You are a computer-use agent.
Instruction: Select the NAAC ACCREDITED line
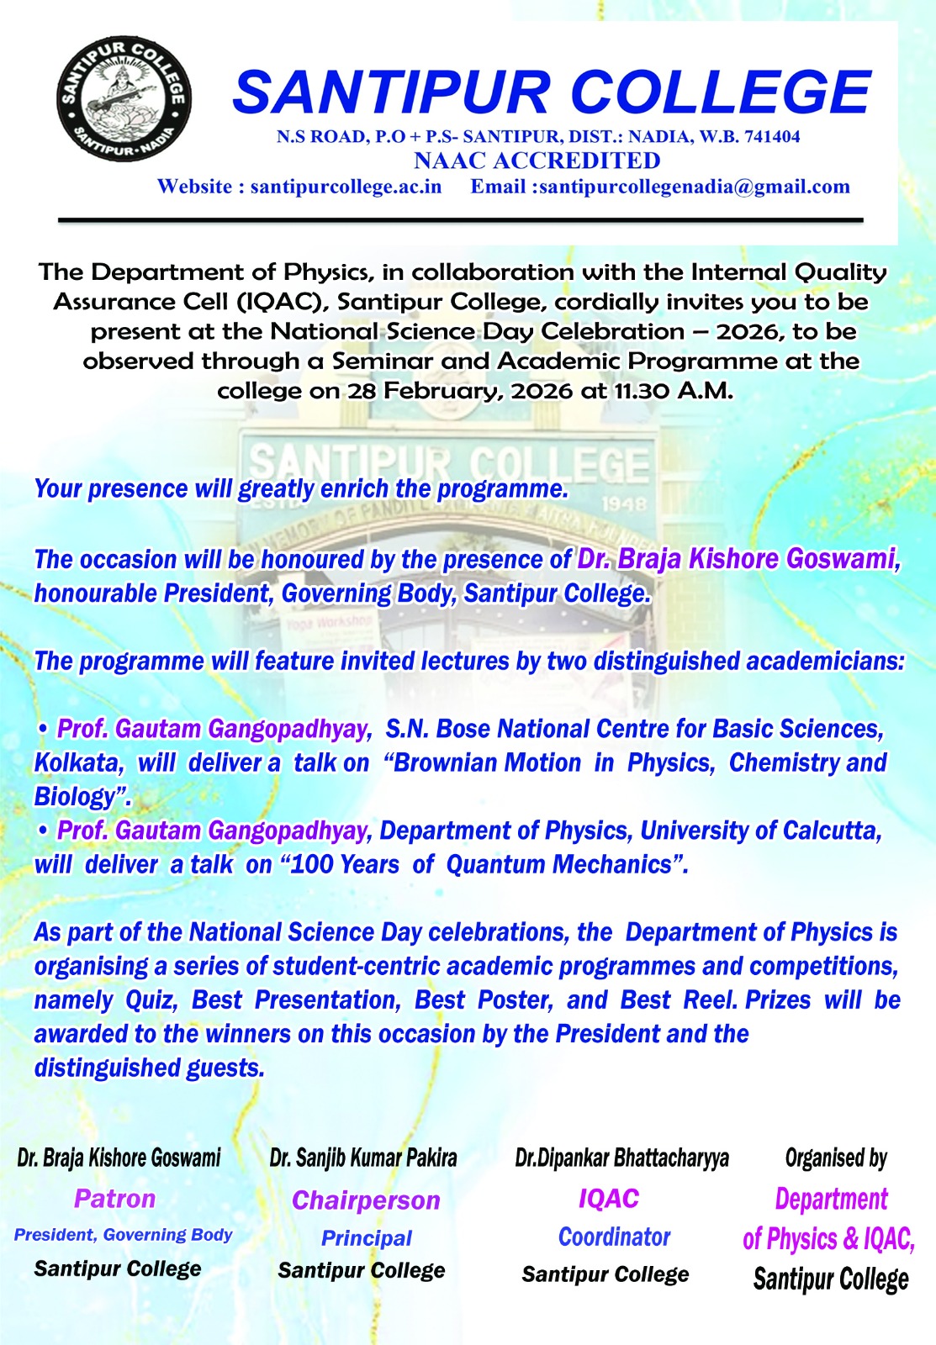click(537, 161)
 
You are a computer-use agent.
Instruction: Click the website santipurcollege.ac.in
click(346, 187)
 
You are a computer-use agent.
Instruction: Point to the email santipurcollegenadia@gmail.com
click(695, 187)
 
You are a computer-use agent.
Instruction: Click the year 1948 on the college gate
click(623, 504)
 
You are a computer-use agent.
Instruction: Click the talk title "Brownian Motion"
click(488, 763)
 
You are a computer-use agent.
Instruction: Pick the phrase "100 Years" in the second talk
click(346, 865)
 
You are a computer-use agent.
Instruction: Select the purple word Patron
click(115, 1199)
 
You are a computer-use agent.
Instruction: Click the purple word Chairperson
click(366, 1200)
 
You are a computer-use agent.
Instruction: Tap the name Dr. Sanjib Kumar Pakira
click(363, 1158)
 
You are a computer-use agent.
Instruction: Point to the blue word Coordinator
click(614, 1237)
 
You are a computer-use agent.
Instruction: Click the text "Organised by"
click(836, 1158)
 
